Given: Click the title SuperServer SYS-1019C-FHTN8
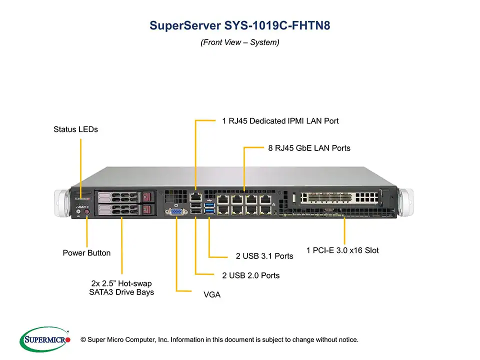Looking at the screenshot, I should click(239, 25).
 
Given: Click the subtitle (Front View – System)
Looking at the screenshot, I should click(239, 42).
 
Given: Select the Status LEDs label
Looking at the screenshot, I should click(75, 129).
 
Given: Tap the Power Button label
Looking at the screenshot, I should click(86, 253).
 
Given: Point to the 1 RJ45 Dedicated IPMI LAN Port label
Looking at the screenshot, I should click(280, 121).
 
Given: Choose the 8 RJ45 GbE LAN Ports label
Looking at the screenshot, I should click(309, 148).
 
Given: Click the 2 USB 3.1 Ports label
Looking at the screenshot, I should click(264, 256).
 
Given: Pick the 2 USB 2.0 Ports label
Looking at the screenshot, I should click(250, 275).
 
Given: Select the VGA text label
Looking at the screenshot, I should click(212, 295).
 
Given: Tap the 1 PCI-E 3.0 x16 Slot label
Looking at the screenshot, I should click(342, 250).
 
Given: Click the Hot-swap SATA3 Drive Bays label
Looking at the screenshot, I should click(121, 288).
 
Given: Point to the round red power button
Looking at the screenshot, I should click(87, 212).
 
